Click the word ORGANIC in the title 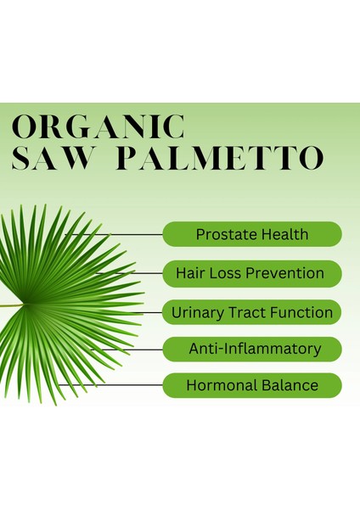98,126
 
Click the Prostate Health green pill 251,233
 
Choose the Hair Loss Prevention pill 251,273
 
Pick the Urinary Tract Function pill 251,312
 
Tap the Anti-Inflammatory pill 251,349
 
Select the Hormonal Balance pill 251,385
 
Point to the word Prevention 287,273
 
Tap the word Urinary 196,312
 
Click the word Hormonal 218,385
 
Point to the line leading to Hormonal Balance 110,385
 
